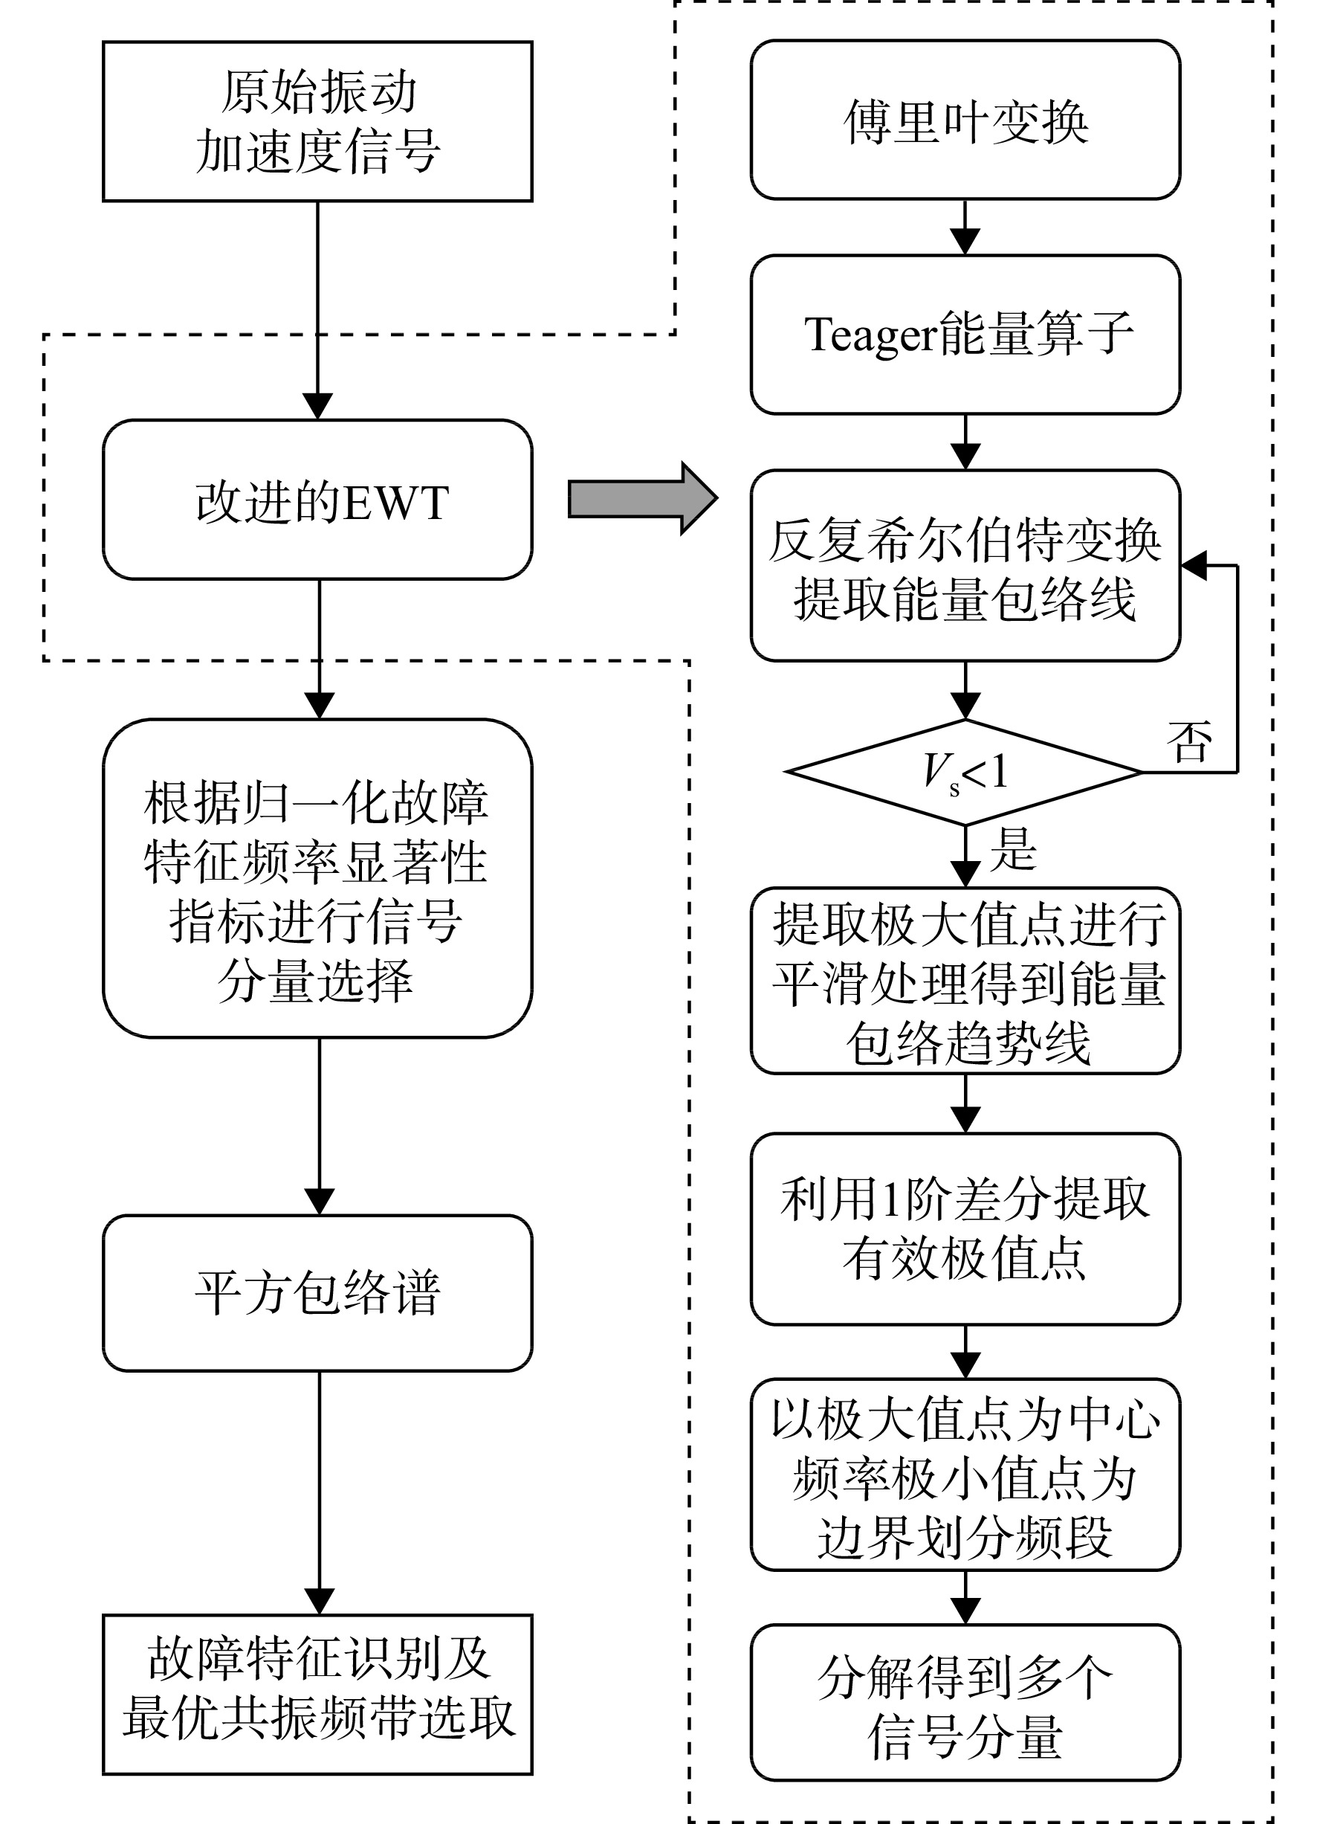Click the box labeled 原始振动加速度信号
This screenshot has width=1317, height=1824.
click(317, 121)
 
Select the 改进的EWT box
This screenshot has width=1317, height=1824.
click(317, 500)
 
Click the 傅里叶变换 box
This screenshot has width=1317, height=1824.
click(965, 120)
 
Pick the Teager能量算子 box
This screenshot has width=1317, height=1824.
click(965, 335)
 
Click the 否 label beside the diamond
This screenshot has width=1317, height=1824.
click(1189, 741)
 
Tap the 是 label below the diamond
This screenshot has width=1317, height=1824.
click(1013, 849)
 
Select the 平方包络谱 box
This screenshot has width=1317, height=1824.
click(317, 1293)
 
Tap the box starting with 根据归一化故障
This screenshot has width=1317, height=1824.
click(317, 878)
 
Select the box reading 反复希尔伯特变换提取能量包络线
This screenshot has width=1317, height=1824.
click(965, 565)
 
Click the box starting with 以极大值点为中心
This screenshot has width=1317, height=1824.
click(965, 1475)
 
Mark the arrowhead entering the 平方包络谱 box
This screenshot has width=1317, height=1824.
click(319, 1202)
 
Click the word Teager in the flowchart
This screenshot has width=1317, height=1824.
click(870, 335)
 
